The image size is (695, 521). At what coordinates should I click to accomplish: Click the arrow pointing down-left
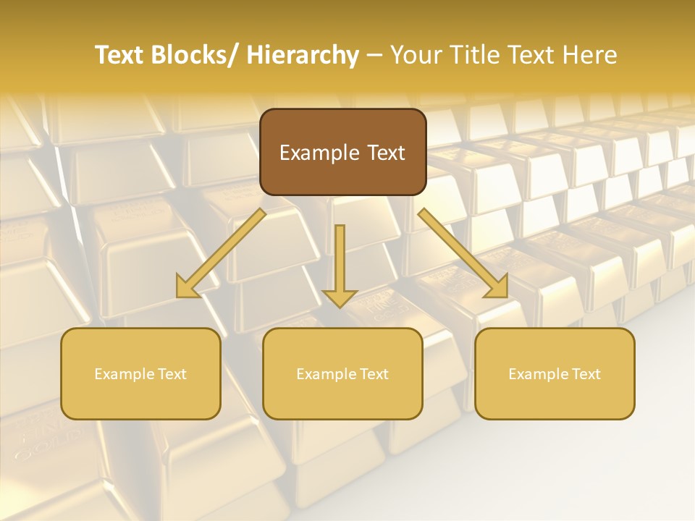click(x=221, y=253)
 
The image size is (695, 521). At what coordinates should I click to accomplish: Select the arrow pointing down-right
click(x=463, y=253)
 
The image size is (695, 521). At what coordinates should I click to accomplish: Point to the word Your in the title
click(x=413, y=55)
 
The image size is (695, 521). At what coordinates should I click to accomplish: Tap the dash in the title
click(x=374, y=56)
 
